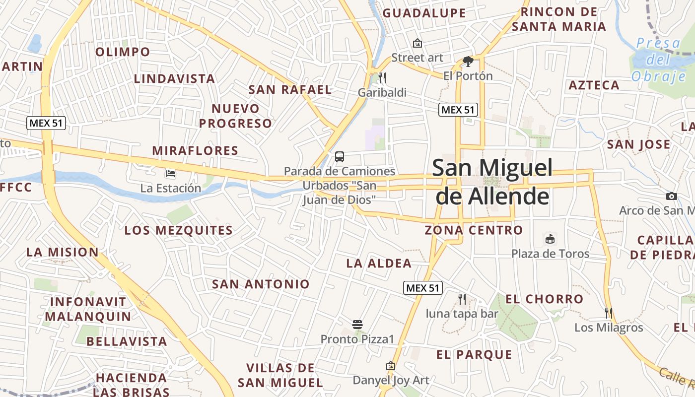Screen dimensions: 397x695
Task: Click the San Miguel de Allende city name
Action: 492,182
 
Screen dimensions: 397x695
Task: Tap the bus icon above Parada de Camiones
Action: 340,157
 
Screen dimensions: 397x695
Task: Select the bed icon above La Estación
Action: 171,174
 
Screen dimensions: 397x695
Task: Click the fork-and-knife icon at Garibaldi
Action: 382,77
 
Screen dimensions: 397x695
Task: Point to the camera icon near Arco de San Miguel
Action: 671,196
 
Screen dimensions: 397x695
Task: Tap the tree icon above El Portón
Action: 468,62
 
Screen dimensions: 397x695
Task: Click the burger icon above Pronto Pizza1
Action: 357,325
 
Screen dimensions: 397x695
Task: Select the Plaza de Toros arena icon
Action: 550,239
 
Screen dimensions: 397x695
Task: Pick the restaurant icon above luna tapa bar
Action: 462,299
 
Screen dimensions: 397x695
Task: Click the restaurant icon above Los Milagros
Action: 609,313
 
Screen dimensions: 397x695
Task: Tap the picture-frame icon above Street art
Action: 417,43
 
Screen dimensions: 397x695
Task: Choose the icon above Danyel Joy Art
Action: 391,366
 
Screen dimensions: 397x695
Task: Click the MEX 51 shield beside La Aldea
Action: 422,287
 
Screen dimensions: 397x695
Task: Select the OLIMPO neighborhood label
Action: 122,52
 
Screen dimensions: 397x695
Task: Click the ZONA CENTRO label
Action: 474,230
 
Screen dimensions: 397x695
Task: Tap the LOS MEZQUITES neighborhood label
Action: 178,230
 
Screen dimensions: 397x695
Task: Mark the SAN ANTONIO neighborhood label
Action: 261,284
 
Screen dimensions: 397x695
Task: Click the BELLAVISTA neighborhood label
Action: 127,341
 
